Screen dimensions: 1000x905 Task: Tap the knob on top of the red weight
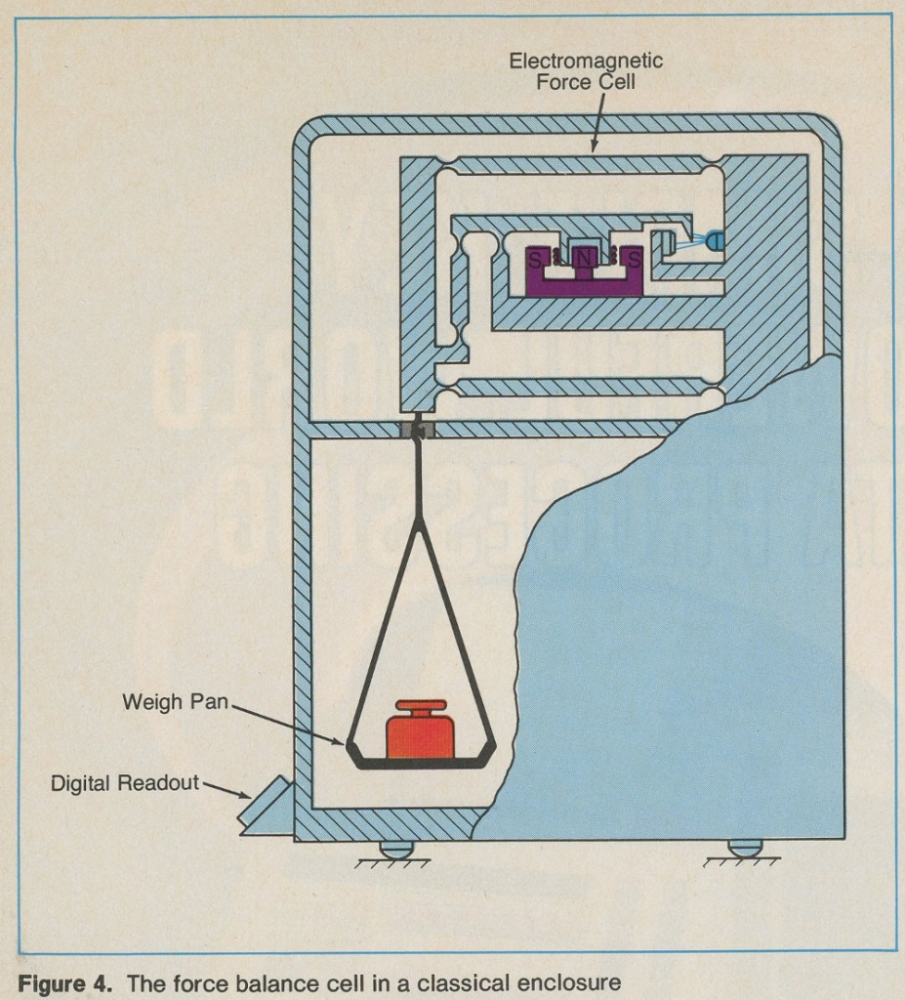(421, 706)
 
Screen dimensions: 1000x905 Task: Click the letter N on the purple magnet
(582, 260)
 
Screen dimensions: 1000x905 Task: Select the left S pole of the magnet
(536, 260)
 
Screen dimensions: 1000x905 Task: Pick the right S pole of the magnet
(633, 260)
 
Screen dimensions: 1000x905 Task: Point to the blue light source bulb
(716, 238)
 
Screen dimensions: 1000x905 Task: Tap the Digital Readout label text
(125, 782)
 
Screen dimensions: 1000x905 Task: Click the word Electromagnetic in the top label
(586, 61)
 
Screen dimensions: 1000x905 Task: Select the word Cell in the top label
(616, 82)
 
